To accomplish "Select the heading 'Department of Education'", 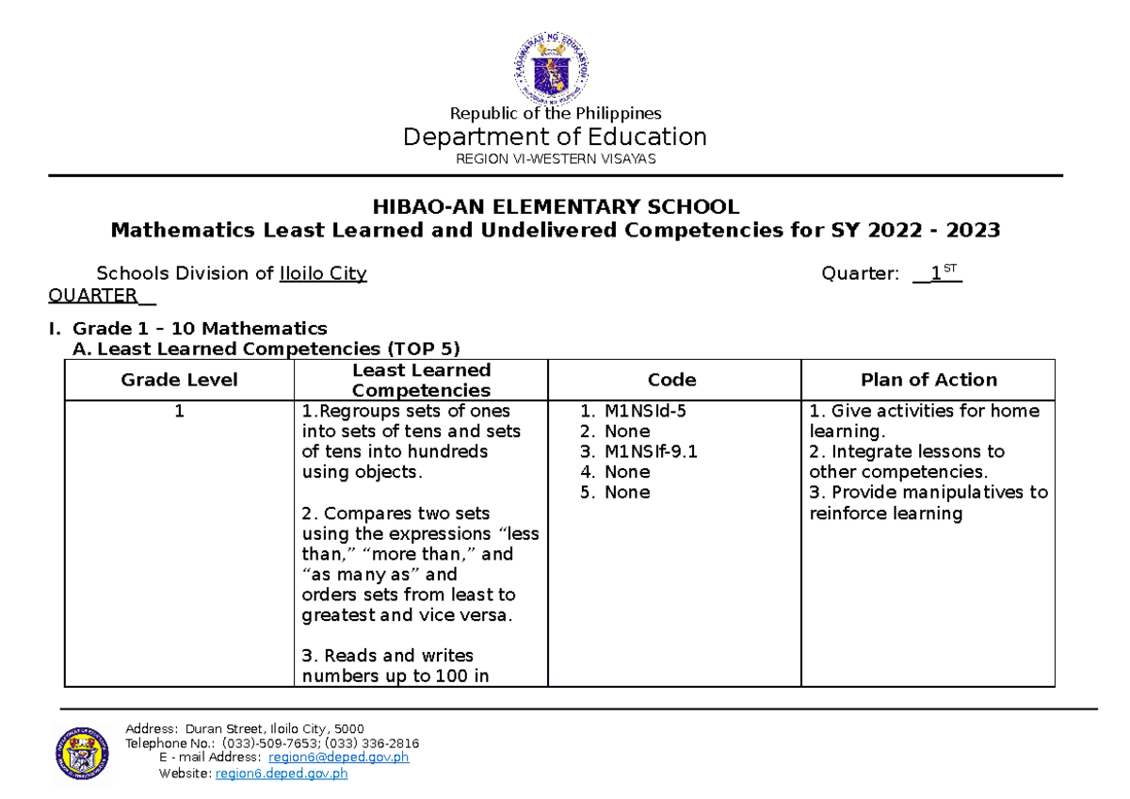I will [555, 137].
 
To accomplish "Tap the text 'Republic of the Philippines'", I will [555, 113].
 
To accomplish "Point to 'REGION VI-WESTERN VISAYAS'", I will [555, 158].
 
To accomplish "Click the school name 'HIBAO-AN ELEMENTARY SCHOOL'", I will [555, 207].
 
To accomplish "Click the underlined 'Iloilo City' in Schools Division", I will [323, 274].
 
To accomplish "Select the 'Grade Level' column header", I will [179, 380].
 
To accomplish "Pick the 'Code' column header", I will [672, 380].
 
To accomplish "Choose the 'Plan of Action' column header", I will [928, 380].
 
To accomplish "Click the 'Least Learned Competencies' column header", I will [421, 380].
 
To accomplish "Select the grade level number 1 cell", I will [179, 412].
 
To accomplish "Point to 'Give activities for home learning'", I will [924, 421].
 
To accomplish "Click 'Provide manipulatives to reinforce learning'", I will [928, 503].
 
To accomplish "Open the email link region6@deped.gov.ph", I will [338, 758].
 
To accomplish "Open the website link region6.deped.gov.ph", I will [282, 774].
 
